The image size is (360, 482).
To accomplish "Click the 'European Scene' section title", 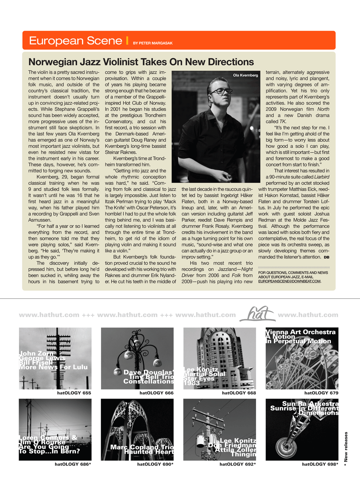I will pos(75,41).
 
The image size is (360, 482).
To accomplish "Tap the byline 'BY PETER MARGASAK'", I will pos(153,43).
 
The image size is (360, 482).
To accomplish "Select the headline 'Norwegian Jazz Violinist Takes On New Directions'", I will pos(141,62).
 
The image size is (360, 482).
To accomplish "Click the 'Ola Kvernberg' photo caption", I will pos(246,75).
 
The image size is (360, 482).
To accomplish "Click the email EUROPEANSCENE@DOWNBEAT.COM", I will pos(289,281).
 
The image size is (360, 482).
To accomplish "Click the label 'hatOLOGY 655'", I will pos(74,393).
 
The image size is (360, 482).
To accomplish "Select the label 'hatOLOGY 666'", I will pos(156,393).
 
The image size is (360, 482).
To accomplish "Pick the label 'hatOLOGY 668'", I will pos(239,393).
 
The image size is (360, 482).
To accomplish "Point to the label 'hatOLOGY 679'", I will pos(321,393).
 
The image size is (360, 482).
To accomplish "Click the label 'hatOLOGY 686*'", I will pos(73,464).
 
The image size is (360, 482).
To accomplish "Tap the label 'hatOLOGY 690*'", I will pos(155,464).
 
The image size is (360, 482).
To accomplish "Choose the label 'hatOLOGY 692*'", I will pos(238,464).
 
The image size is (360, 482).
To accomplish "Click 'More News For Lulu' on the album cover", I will pos(53,367).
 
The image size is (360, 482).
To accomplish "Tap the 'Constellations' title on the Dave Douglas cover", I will pos(148,381).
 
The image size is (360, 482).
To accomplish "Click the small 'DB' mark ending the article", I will pos(327,257).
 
